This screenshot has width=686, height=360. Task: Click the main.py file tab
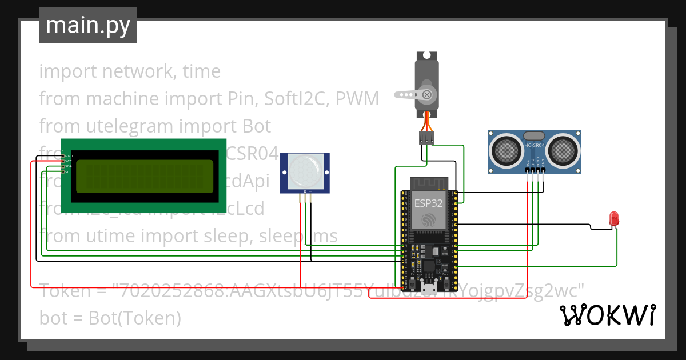point(87,25)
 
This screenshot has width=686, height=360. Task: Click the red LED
point(614,218)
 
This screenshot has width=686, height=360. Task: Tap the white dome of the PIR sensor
point(304,170)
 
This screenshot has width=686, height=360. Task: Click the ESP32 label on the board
point(428,202)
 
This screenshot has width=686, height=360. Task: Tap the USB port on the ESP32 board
point(428,286)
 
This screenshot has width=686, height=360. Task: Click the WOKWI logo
point(607,315)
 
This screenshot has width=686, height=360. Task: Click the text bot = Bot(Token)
point(110,318)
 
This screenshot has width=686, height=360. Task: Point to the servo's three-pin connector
point(426,138)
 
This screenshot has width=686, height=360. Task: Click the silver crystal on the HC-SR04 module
point(534,135)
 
